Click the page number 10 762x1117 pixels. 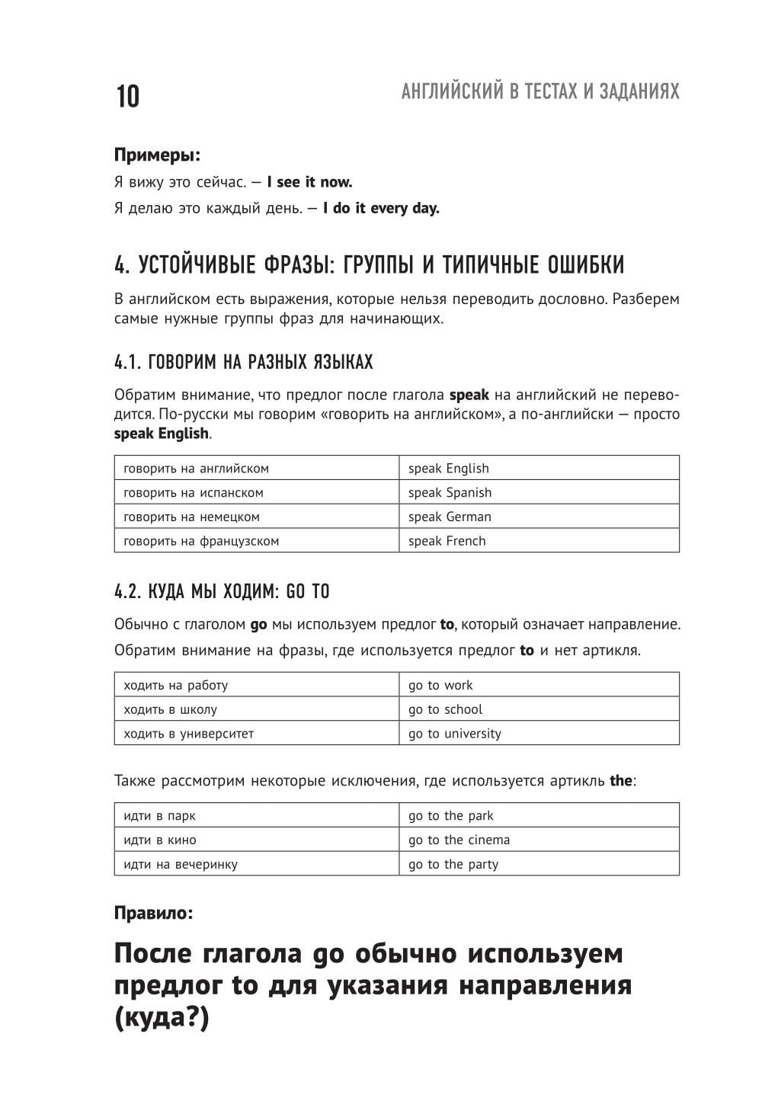(x=127, y=98)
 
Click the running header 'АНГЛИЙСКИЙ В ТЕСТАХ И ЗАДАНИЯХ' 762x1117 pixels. (x=539, y=92)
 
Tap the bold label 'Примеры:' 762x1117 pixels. (x=157, y=155)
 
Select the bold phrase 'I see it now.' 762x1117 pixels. (x=309, y=182)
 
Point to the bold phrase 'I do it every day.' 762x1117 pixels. (x=381, y=208)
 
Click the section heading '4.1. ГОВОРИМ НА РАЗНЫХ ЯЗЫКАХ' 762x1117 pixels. (x=244, y=362)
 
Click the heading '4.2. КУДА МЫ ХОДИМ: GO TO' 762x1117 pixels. (x=222, y=591)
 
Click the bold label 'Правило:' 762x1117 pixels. (x=153, y=912)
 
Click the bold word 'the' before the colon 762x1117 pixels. (x=621, y=781)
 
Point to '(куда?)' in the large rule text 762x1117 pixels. (x=162, y=1018)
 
